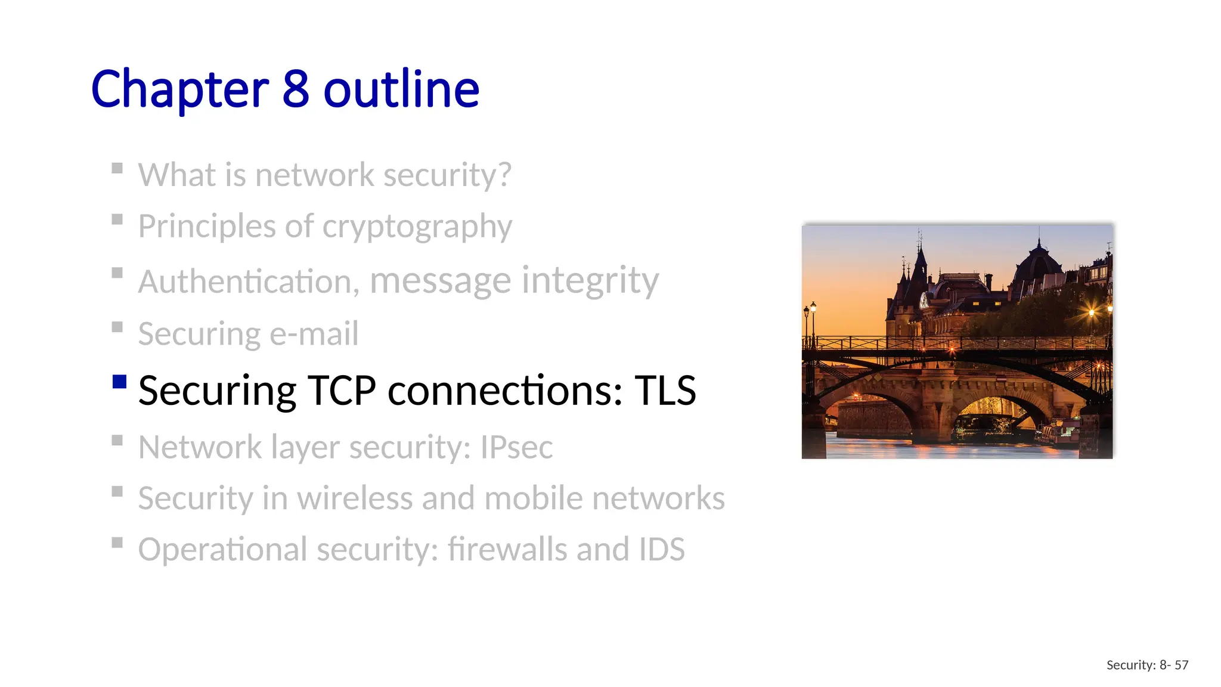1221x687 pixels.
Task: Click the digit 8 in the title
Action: [x=295, y=89]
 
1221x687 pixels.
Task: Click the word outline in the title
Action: [x=401, y=89]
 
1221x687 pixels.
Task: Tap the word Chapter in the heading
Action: [x=179, y=89]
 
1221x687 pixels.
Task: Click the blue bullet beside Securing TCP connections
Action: [x=119, y=382]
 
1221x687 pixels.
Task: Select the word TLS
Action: [x=665, y=391]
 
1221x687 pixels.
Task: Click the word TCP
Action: [x=341, y=391]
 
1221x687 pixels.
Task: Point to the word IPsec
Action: [x=516, y=447]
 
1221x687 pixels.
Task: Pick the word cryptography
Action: [x=417, y=227]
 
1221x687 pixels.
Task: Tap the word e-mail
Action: [x=314, y=334]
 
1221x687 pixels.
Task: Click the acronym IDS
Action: [x=661, y=549]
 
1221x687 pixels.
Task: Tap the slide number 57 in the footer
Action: [x=1181, y=665]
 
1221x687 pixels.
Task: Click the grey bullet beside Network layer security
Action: [x=117, y=440]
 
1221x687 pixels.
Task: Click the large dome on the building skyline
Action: [x=1038, y=262]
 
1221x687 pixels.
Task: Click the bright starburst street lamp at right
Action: [x=1092, y=312]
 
